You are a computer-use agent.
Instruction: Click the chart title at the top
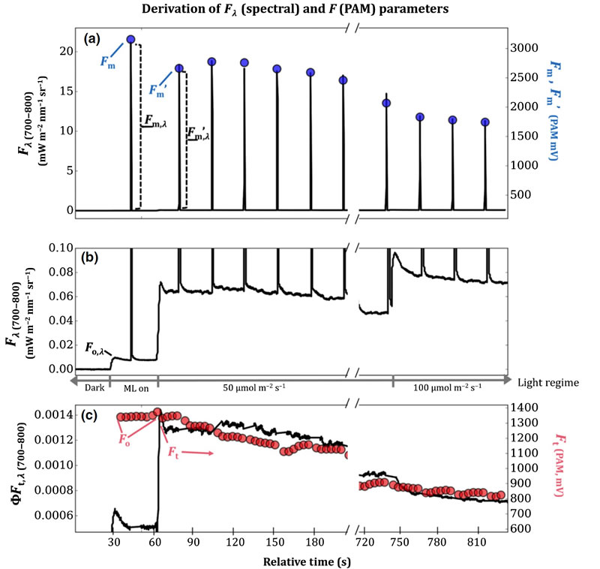(300, 9)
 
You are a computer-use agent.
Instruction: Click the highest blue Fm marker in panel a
(130, 39)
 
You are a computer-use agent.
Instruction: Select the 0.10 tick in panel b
(58, 248)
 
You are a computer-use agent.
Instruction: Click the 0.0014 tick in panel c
(52, 415)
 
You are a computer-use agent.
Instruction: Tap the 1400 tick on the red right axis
(526, 408)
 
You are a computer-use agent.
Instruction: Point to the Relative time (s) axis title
(299, 559)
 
